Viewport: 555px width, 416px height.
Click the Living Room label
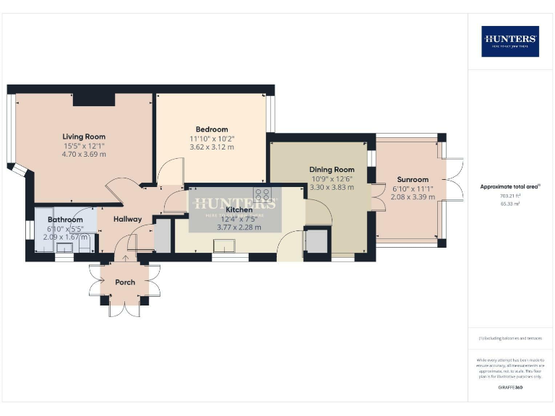(84, 136)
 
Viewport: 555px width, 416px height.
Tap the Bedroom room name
(212, 129)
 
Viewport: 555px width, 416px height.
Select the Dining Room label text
(332, 170)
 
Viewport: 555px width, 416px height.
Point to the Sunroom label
(413, 179)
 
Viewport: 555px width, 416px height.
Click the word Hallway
(126, 219)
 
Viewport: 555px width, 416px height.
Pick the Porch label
(125, 282)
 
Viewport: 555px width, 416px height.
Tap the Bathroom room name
(65, 220)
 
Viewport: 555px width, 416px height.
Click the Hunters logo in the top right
(510, 41)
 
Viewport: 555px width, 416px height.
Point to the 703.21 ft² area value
(510, 196)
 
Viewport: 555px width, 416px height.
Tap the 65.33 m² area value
(510, 204)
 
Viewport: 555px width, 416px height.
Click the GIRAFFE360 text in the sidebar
(510, 389)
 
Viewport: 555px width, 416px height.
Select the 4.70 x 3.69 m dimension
(84, 154)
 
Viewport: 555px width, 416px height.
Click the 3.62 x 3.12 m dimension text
(212, 147)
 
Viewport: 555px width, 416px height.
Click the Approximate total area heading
(510, 186)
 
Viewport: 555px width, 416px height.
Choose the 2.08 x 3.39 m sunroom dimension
(413, 196)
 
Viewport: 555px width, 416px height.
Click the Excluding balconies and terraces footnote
(510, 338)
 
